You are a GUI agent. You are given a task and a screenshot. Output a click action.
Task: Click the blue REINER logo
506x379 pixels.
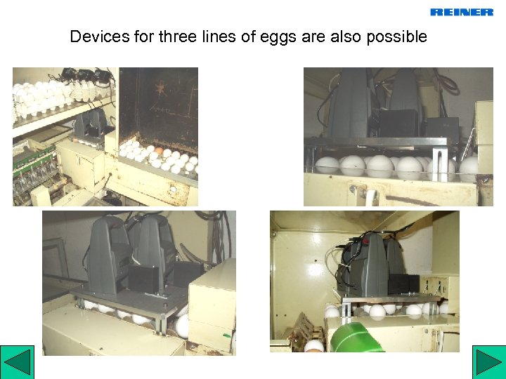tap(462, 12)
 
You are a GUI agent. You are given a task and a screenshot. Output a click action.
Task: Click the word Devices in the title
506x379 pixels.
tap(100, 36)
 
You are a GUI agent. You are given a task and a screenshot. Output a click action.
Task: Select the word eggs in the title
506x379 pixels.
tap(278, 37)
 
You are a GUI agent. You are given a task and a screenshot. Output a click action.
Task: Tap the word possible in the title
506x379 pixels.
tap(396, 36)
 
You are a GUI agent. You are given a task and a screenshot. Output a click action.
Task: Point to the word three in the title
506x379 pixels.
tap(178, 36)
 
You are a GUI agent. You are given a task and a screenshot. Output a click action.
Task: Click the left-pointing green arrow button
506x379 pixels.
tap(17, 362)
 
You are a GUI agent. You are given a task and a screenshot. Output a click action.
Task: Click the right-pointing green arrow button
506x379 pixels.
tap(489, 362)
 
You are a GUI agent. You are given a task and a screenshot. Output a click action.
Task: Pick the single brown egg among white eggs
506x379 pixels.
tap(159, 150)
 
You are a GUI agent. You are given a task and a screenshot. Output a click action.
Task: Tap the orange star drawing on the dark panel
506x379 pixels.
tap(160, 88)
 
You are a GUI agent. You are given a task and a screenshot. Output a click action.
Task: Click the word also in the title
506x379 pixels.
tap(346, 36)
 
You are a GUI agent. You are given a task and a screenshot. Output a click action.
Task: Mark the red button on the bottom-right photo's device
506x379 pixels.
tap(365, 241)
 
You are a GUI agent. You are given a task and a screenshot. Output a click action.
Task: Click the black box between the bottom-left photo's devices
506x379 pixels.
tap(144, 279)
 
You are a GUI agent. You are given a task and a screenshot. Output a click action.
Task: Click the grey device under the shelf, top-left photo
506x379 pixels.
tap(91, 123)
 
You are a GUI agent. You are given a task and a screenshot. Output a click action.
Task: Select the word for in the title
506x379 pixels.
tap(144, 36)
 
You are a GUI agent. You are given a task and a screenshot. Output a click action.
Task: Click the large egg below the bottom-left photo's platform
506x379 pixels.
tap(182, 326)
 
